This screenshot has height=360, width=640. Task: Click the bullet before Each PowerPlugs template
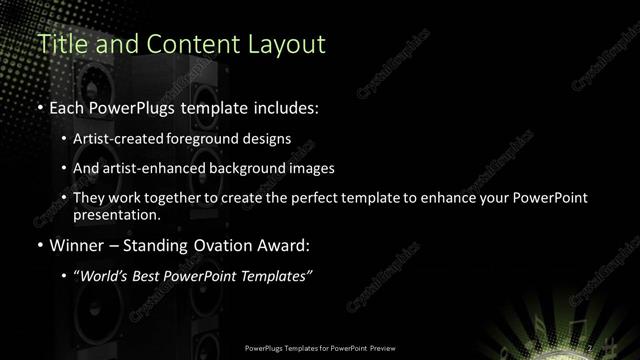[39, 104]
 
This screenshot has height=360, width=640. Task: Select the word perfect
[313, 198]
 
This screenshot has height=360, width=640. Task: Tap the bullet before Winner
[39, 244]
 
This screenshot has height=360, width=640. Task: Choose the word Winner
[77, 244]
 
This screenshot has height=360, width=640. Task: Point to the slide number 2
[591, 347]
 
